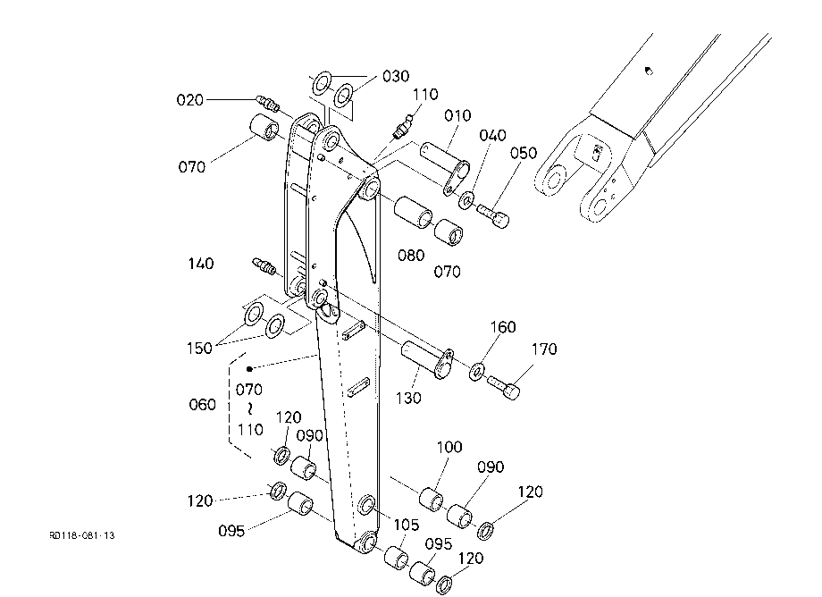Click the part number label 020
click(189, 99)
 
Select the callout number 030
click(396, 77)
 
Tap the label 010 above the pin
click(457, 115)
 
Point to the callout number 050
click(524, 153)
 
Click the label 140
click(201, 263)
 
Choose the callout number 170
click(544, 349)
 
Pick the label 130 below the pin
click(408, 399)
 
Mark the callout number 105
click(407, 526)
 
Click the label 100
click(449, 447)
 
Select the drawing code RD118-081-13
click(82, 535)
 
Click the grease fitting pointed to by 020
click(267, 103)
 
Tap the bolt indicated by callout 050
click(493, 215)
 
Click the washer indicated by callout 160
click(476, 371)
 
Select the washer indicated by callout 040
click(466, 199)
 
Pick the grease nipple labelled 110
click(403, 129)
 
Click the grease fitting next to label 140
click(264, 265)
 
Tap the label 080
click(411, 256)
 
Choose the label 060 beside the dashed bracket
click(202, 405)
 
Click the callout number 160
click(503, 327)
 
